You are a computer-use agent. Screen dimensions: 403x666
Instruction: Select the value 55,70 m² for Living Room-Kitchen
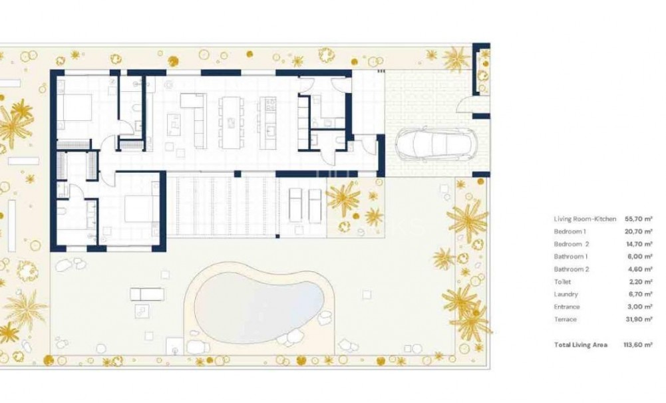tap(638, 218)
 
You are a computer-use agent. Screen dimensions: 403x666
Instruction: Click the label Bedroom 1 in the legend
tap(570, 231)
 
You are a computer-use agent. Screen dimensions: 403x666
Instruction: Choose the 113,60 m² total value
tap(637, 344)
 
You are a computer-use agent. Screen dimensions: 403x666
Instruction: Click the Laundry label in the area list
tap(566, 294)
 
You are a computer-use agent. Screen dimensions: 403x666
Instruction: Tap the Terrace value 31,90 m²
tap(638, 319)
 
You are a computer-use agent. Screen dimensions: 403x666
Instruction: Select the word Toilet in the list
tap(562, 282)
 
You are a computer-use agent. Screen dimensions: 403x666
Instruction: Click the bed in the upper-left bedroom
tap(75, 108)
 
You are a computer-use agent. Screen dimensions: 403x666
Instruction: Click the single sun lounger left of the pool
tap(146, 293)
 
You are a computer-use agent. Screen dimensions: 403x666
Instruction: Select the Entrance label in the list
tap(566, 307)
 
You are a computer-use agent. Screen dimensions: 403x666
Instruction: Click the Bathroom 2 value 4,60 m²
tap(638, 269)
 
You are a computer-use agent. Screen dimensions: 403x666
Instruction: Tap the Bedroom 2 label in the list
tap(570, 244)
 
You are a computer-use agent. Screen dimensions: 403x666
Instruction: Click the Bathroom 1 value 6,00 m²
tap(638, 257)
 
